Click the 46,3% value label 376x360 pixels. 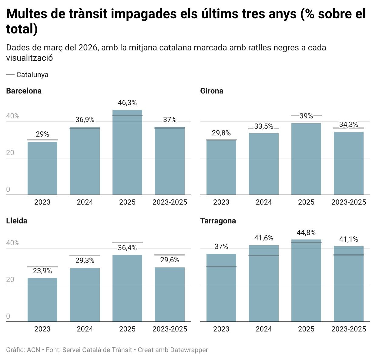(x=127, y=103)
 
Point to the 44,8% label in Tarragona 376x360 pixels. (x=306, y=233)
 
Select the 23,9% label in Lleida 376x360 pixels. (x=42, y=271)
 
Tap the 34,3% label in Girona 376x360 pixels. (x=349, y=124)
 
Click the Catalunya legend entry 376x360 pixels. (x=32, y=75)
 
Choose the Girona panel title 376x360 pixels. (x=212, y=91)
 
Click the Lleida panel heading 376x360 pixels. (x=17, y=221)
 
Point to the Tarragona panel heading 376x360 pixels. (x=218, y=221)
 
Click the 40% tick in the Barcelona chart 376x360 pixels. (x=13, y=116)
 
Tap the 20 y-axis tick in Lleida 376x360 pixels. (x=10, y=280)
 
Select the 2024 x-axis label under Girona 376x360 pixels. (x=264, y=202)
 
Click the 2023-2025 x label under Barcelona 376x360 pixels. (x=170, y=202)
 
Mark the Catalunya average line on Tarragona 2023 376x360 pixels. (x=221, y=267)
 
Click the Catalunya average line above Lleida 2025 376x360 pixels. (x=127, y=242)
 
